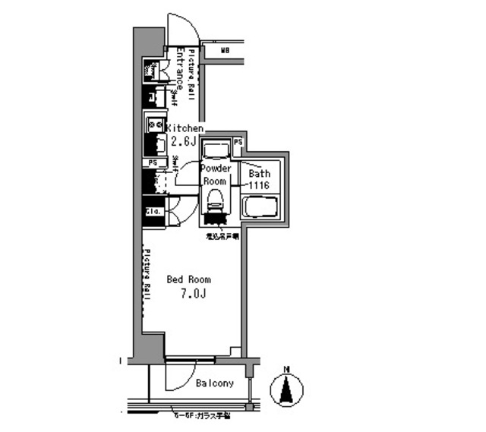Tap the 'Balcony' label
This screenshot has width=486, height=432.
pyautogui.click(x=214, y=383)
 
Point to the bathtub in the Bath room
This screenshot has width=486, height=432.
pyautogui.click(x=260, y=207)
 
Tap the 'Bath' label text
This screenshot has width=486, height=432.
pyautogui.click(x=260, y=173)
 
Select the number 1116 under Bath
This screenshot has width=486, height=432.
pyautogui.click(x=260, y=184)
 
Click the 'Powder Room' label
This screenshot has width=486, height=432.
pyautogui.click(x=214, y=176)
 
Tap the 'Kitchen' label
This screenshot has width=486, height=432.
pyautogui.click(x=185, y=129)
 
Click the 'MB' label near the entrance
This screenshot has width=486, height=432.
pyautogui.click(x=226, y=51)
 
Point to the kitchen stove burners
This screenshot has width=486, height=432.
pyautogui.click(x=155, y=124)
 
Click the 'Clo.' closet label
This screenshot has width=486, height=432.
pyautogui.click(x=151, y=212)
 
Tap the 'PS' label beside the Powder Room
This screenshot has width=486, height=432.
pyautogui.click(x=238, y=142)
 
